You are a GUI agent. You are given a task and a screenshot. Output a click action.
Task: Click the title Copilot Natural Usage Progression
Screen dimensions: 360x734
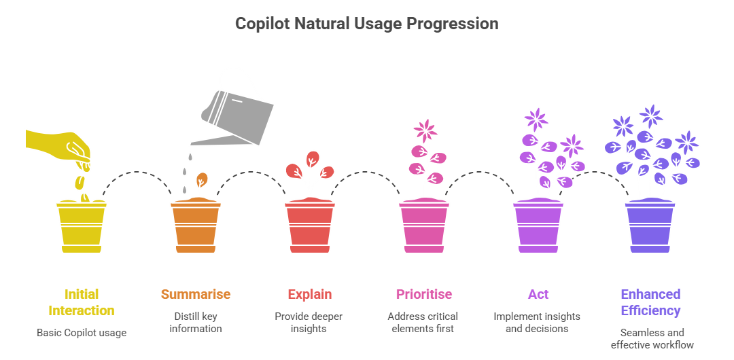click(366, 24)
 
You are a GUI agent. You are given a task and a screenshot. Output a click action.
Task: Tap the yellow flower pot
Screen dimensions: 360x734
click(81, 226)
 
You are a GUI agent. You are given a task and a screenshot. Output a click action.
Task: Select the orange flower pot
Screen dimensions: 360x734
click(195, 226)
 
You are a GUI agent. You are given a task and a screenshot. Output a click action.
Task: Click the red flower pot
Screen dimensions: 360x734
click(309, 226)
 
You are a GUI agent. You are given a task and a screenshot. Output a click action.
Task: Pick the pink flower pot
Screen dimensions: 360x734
click(423, 226)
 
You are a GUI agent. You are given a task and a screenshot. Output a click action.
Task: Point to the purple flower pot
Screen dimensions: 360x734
click(538, 226)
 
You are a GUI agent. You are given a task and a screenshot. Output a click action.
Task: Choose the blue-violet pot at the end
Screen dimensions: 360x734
click(650, 226)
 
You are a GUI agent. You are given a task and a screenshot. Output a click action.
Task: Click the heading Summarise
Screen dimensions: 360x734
click(195, 294)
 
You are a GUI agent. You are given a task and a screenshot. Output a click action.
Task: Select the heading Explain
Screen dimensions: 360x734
click(309, 294)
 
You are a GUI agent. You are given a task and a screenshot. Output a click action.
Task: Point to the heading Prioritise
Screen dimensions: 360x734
click(423, 294)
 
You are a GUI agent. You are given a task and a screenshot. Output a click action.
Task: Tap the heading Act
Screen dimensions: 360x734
click(538, 294)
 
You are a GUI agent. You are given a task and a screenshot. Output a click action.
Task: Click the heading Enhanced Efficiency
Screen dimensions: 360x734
click(650, 302)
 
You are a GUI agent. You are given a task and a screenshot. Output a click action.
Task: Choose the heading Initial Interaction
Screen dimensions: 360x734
click(81, 302)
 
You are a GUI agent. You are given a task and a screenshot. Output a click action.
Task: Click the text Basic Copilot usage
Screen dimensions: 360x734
click(81, 333)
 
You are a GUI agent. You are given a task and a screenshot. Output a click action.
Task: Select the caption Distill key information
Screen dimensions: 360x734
click(195, 323)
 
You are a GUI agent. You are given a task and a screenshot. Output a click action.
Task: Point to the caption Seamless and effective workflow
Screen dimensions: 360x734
click(652, 338)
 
